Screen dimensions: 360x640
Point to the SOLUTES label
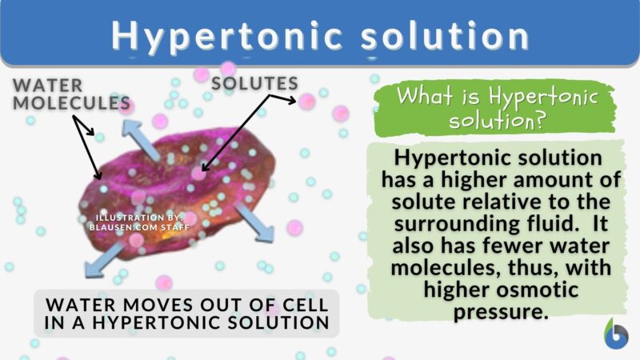(x=255, y=83)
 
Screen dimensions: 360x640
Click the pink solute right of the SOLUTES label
(x=307, y=102)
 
